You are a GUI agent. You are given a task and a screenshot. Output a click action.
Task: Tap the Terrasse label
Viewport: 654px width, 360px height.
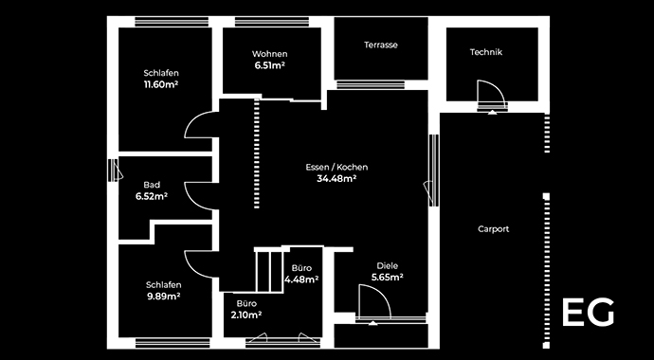click(380, 45)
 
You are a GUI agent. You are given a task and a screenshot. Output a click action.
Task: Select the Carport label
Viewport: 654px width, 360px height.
click(493, 228)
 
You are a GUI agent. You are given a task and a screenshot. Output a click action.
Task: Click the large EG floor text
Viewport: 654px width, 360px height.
click(588, 313)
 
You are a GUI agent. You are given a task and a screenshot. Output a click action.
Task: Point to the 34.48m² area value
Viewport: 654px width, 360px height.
click(336, 179)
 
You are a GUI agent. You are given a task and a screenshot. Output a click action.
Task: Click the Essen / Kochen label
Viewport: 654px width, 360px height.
click(336, 167)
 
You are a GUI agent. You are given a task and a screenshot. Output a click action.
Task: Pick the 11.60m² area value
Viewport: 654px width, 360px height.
click(161, 84)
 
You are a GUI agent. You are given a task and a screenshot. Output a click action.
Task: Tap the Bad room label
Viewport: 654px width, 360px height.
click(152, 185)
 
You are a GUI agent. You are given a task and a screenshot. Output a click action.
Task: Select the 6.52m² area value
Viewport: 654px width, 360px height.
click(152, 197)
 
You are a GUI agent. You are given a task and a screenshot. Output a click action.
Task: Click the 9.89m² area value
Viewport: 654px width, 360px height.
click(163, 296)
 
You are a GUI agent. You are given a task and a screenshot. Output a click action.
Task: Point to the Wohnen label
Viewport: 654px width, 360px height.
click(270, 54)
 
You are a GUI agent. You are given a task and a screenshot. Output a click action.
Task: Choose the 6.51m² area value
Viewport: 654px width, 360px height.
click(270, 66)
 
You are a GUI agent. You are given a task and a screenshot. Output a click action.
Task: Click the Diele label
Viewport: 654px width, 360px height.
click(388, 265)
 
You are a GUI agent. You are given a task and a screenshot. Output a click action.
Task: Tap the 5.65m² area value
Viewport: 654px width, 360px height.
click(388, 278)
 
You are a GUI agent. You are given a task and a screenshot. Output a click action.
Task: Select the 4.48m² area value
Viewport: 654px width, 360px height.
click(301, 279)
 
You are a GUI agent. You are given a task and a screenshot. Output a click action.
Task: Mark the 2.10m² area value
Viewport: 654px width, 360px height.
click(245, 315)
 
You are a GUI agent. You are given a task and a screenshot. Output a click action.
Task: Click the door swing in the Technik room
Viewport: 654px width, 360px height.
click(490, 95)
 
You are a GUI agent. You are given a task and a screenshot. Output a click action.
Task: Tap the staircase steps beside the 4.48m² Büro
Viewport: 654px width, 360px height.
click(269, 270)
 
